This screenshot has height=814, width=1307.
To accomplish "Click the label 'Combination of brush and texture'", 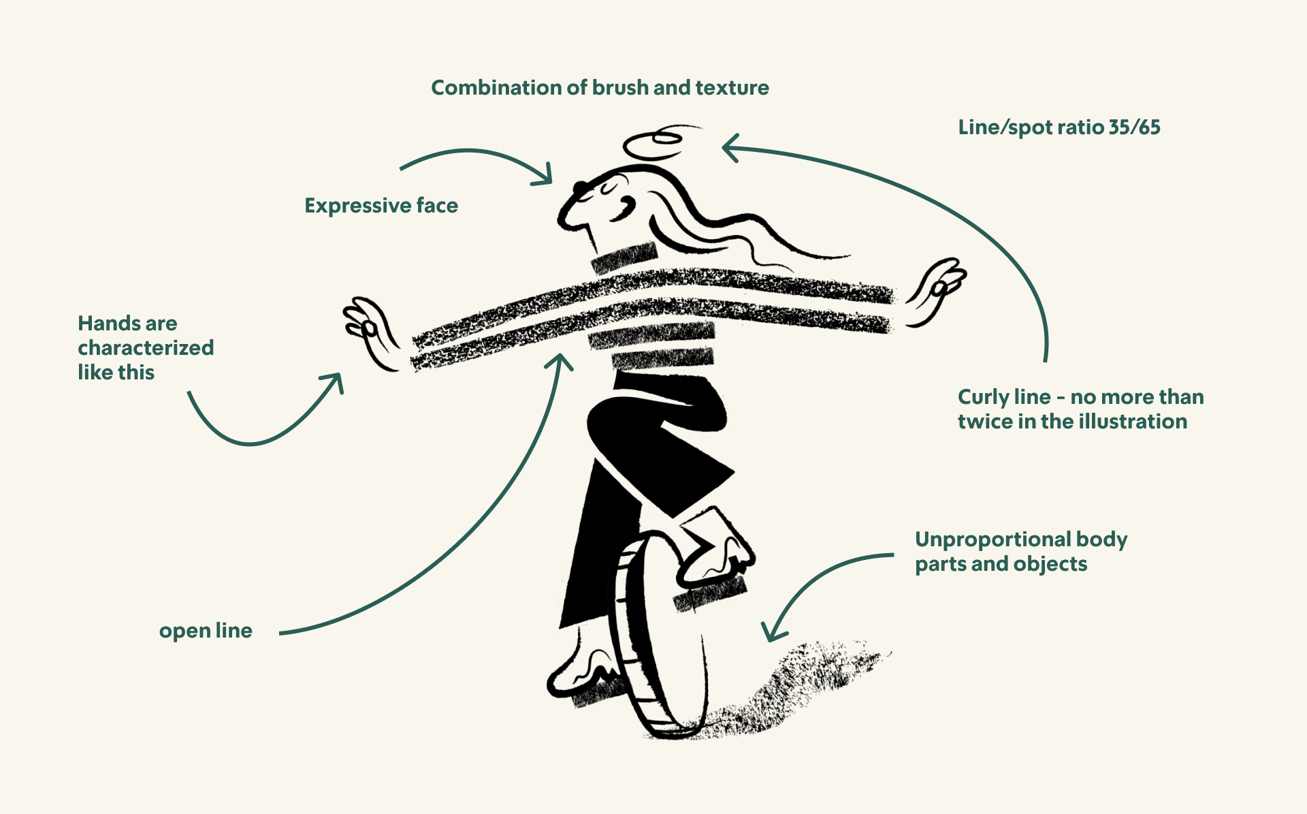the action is point(600,88).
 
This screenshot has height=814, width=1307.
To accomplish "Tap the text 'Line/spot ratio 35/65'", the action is point(1059,127).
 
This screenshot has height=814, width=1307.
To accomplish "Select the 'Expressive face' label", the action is point(381,206).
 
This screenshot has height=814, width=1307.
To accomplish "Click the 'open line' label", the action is point(206,631).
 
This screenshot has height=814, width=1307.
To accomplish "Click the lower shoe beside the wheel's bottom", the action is point(585,671).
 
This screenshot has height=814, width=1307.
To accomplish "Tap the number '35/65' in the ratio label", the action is point(1134,127).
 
